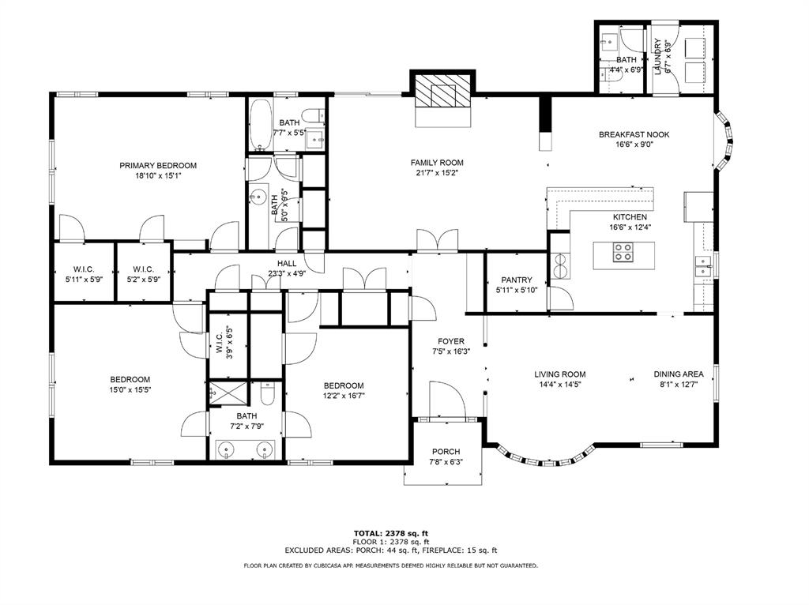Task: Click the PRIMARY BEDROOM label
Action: click(x=158, y=166)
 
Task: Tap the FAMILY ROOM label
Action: click(x=437, y=163)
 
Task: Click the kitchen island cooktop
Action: click(x=623, y=253)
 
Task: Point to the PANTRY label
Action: click(x=517, y=280)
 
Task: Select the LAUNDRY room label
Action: click(x=658, y=57)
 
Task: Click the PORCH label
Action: click(x=446, y=452)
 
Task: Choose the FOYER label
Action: click(x=451, y=341)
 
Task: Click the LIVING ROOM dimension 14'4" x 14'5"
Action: click(x=560, y=384)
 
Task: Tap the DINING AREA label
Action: click(x=679, y=374)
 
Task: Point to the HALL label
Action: click(x=287, y=264)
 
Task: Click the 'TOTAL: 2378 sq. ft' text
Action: click(x=390, y=533)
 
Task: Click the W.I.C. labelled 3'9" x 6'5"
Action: click(x=228, y=341)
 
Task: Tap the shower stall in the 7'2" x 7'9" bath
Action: click(x=228, y=394)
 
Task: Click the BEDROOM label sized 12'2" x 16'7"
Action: click(x=344, y=385)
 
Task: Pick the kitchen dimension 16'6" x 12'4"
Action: click(x=630, y=227)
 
